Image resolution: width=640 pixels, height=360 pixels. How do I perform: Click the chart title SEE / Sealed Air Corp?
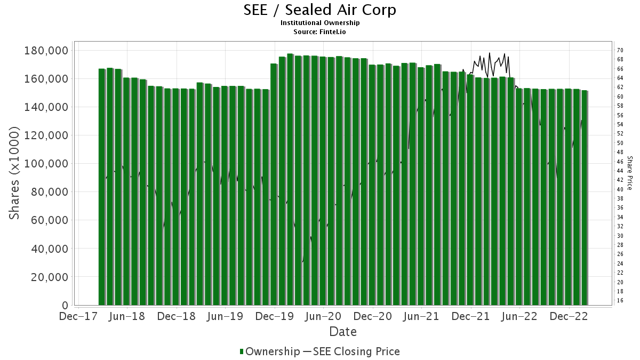coord(320,10)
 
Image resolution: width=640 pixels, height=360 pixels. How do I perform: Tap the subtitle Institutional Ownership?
coord(320,23)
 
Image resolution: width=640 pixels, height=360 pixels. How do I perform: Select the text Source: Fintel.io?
coord(320,31)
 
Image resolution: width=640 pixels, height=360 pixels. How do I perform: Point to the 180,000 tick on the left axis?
coord(46,50)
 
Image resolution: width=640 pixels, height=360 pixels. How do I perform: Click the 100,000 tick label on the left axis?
coord(46,164)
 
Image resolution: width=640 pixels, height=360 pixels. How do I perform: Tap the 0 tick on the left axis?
coord(65,306)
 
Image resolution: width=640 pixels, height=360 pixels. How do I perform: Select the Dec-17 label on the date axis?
coord(78,316)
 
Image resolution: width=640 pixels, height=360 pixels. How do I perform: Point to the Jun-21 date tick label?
coord(422,316)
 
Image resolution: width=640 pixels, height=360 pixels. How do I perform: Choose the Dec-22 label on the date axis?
coord(569,316)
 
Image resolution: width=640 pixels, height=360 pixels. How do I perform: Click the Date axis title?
coord(343,332)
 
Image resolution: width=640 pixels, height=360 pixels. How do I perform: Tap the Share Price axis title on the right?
coord(629,173)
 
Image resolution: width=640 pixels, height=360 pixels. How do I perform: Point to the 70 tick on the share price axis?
coord(620,50)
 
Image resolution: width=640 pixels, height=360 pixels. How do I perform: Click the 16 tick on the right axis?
coord(620,301)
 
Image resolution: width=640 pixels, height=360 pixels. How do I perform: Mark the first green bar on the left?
coord(102,187)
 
